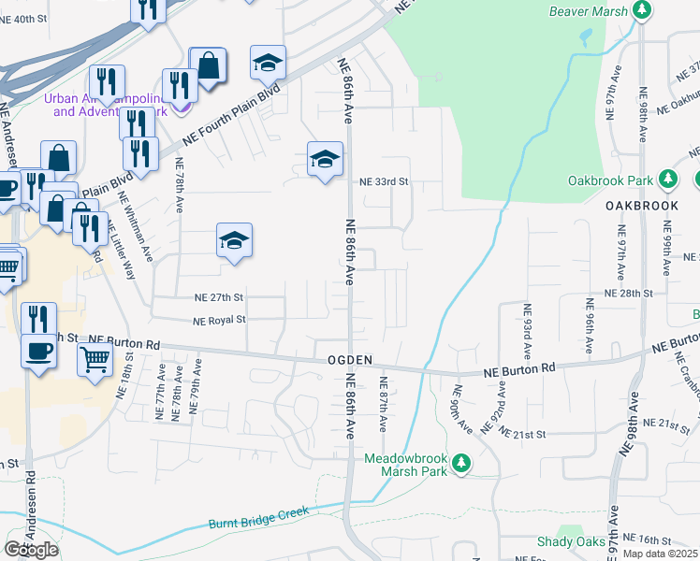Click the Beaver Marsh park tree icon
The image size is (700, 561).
(x=641, y=10)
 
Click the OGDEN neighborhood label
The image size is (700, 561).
(x=351, y=360)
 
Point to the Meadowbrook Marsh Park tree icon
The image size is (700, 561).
(x=460, y=464)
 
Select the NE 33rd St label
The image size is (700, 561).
(x=386, y=181)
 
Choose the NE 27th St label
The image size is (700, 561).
(x=219, y=297)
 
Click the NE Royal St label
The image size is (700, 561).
(x=219, y=320)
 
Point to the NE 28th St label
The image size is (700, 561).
(x=628, y=293)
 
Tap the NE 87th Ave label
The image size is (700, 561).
(x=383, y=403)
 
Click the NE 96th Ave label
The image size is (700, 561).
(x=589, y=325)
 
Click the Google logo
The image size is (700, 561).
(x=31, y=549)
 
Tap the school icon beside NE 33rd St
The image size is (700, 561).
(x=324, y=159)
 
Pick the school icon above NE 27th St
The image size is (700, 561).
(x=233, y=240)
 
